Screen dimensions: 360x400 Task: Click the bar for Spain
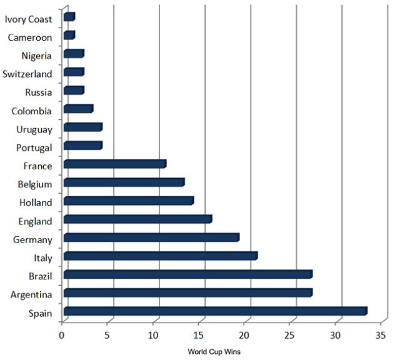point(215,311)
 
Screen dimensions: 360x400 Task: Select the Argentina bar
point(187,292)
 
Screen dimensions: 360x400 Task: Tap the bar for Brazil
point(187,274)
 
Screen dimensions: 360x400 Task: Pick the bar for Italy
point(160,256)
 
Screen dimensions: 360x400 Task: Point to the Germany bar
point(151,237)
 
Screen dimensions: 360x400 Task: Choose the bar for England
point(137,219)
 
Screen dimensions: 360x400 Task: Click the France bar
point(114,164)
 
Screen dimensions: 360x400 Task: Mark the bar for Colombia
point(78,109)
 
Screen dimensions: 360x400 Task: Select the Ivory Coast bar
point(69,17)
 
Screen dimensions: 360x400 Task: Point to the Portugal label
point(35,148)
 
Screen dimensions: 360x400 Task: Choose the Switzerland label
point(26,74)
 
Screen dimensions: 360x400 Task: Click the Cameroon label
point(30,37)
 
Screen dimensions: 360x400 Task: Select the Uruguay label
point(35,129)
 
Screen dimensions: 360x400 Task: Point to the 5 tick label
point(107,336)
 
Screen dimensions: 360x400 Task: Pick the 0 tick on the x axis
point(62,336)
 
